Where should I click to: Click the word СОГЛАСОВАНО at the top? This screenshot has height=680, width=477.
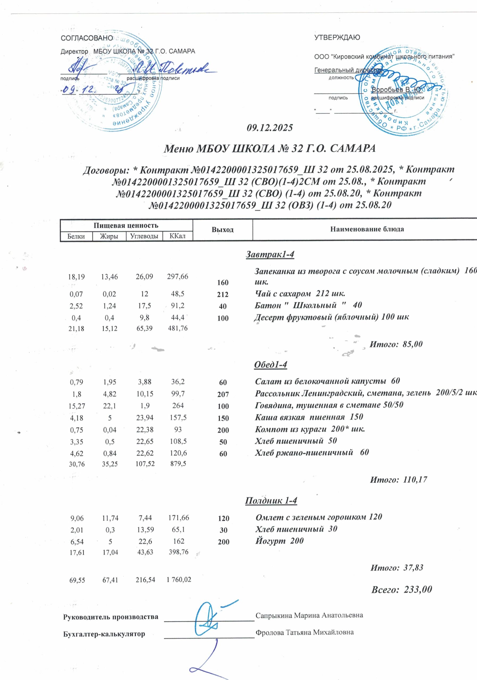point(87,38)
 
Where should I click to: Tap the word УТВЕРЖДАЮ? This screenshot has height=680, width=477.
point(337,38)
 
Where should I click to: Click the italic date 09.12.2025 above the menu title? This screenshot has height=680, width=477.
point(270,128)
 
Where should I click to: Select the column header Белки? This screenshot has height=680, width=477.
point(76,236)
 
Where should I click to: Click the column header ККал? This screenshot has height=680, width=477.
point(178,236)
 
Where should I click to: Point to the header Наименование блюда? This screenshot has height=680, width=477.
point(367,229)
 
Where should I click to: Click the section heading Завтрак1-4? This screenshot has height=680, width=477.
point(270,254)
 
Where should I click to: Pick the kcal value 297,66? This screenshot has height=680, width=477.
point(178,277)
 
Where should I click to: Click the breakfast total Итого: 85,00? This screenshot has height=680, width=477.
point(396,344)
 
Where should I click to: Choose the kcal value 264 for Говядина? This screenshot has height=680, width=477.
point(178,405)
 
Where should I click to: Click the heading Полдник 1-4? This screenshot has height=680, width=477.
point(271,500)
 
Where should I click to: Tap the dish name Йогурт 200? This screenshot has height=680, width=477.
point(279,541)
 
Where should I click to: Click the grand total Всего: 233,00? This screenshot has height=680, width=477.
point(402,589)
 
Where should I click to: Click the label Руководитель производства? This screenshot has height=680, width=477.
point(111,617)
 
